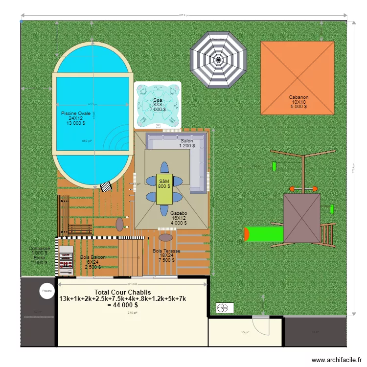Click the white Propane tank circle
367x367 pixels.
(46, 291)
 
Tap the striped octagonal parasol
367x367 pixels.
(218, 60)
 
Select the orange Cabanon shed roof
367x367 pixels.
(298, 77)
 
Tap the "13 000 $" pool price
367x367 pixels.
(76, 123)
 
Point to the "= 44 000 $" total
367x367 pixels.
(126, 305)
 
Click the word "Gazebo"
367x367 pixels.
(179, 213)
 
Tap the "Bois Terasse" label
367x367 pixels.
(166, 251)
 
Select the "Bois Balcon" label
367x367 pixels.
(92, 257)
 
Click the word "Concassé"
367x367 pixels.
(39, 248)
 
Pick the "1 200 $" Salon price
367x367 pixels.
(186, 145)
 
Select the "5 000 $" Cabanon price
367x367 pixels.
(298, 107)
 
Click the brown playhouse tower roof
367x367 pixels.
(302, 218)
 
